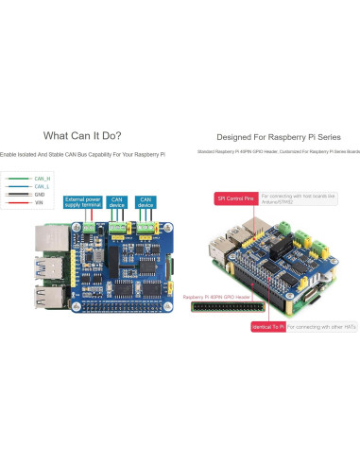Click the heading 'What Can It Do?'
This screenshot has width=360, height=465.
82,136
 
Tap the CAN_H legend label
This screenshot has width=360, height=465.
42,178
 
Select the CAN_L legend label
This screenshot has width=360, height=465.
42,186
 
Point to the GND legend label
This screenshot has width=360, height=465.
39,195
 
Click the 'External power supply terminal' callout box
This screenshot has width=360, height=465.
83,201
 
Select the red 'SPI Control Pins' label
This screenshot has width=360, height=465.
236,199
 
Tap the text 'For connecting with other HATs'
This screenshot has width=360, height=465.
317,326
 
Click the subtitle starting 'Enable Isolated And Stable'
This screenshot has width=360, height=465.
82,153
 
